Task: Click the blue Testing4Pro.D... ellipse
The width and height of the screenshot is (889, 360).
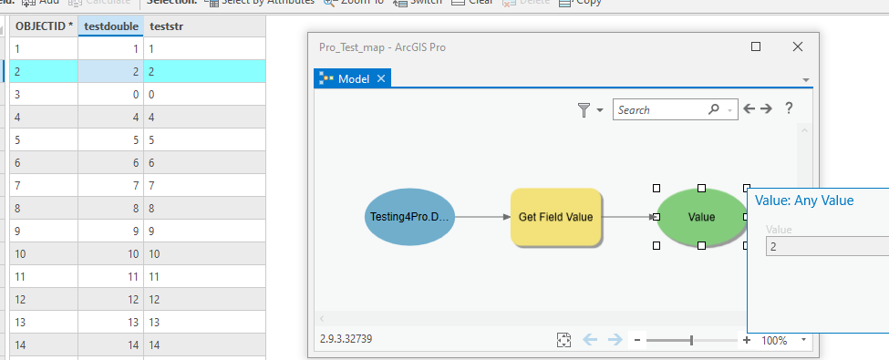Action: [x=410, y=217]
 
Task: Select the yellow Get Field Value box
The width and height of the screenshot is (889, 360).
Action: [x=555, y=217]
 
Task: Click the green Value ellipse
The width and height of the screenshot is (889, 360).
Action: [x=701, y=217]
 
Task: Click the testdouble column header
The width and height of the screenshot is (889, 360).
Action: [x=109, y=26]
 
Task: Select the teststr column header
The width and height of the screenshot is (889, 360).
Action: [x=167, y=26]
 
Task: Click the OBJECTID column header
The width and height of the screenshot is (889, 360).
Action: [x=44, y=26]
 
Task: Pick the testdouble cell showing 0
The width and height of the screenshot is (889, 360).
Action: [x=109, y=94]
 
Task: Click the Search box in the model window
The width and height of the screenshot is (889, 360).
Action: [x=661, y=109]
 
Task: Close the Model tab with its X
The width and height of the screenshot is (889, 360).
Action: [x=382, y=79]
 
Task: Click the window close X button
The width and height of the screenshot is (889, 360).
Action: [x=798, y=46]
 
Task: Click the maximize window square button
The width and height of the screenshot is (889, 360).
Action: [x=755, y=46]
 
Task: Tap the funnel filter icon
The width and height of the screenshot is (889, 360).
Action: [x=584, y=109]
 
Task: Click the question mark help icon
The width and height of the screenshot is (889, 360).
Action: [x=789, y=108]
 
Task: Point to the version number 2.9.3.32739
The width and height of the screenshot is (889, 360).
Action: [x=346, y=339]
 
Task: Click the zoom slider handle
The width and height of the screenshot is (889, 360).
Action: [x=691, y=340]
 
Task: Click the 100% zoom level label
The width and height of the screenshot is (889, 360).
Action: [x=774, y=340]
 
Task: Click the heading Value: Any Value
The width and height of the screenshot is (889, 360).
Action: [x=804, y=201]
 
